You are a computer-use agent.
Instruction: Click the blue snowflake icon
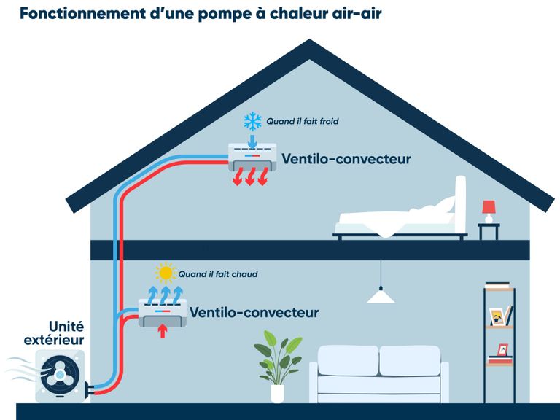point(252,122)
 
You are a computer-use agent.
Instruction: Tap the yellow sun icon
point(166,273)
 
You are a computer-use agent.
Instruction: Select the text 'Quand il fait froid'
point(303,122)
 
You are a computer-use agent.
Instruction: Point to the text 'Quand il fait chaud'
point(218,274)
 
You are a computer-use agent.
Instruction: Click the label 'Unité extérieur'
point(54,332)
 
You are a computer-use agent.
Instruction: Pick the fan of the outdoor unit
point(60,376)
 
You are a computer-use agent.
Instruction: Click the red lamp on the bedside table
point(489,211)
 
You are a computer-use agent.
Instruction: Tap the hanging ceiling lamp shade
point(381,296)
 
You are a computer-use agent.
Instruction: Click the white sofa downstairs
point(379,374)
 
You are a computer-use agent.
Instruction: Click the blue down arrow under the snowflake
point(252,141)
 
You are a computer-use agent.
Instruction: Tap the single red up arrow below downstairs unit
point(163,331)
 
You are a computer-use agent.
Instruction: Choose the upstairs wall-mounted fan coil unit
point(252,157)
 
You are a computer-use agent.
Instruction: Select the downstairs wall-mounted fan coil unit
point(163,313)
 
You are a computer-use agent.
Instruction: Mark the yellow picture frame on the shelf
point(497,316)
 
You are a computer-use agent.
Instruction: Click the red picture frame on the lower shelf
point(503,350)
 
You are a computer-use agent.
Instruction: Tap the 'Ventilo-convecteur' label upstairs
point(346,159)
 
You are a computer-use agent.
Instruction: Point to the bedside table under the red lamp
point(489,231)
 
